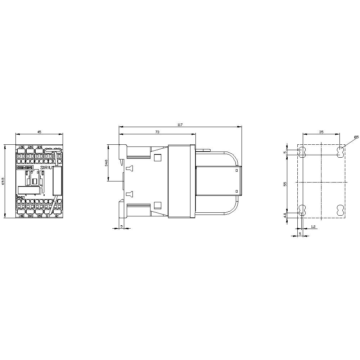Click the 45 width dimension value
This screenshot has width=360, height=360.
tap(39, 132)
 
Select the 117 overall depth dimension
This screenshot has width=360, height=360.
tap(180, 125)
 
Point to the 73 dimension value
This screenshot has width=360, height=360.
tap(157, 132)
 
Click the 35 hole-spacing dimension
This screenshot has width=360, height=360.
tap(321, 132)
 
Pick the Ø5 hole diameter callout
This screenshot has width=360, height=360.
tap(356, 137)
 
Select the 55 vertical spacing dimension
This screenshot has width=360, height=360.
tap(285, 184)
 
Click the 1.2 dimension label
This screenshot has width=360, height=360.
tap(313, 227)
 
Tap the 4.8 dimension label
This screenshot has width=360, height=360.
tap(285, 215)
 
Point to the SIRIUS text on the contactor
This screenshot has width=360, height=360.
tap(48, 168)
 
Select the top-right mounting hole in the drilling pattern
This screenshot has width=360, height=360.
tap(339, 152)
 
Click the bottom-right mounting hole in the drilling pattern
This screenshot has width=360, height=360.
tap(339, 211)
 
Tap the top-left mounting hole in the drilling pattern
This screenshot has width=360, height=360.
tap(302, 152)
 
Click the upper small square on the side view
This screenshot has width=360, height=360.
tap(157, 157)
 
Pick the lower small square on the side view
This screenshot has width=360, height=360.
tap(157, 206)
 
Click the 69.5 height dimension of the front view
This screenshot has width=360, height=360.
tap(4, 181)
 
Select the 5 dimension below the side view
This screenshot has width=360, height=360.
tap(121, 226)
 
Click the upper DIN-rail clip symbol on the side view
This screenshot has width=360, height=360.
tap(130, 168)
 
